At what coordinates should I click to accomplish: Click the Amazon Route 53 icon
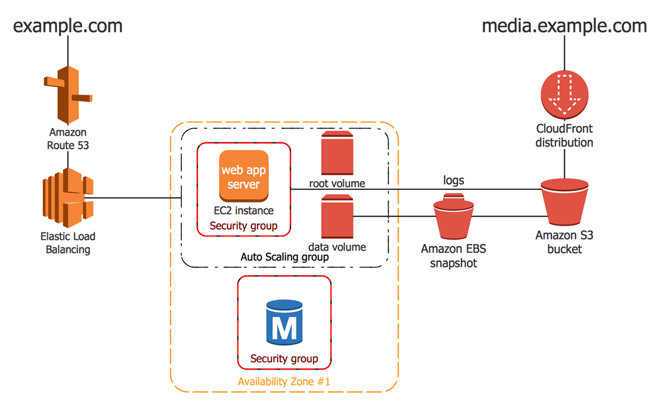point(68,95)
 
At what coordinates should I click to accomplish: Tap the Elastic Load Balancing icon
point(68,197)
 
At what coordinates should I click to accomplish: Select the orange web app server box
point(244,176)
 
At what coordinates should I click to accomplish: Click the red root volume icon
point(337,153)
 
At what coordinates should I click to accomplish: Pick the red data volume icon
point(337,217)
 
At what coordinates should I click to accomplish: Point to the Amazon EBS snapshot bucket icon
point(453,216)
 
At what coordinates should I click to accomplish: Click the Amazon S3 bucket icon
point(564,202)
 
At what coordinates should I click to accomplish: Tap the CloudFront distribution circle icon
point(564,95)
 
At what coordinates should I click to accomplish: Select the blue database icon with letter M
point(284,323)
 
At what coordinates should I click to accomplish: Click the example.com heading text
point(68,26)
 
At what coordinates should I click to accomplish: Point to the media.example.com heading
point(564,26)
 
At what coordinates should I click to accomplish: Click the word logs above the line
point(453,180)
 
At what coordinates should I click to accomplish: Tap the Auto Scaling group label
point(285,257)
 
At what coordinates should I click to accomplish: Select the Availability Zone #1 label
point(284,382)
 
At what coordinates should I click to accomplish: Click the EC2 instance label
point(244,210)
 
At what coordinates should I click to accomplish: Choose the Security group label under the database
point(284,358)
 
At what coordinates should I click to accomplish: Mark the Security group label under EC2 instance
point(244,226)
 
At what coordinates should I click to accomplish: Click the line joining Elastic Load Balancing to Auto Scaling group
point(133,197)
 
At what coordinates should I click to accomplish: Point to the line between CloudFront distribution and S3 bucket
point(564,164)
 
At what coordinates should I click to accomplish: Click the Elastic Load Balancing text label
point(68,242)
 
